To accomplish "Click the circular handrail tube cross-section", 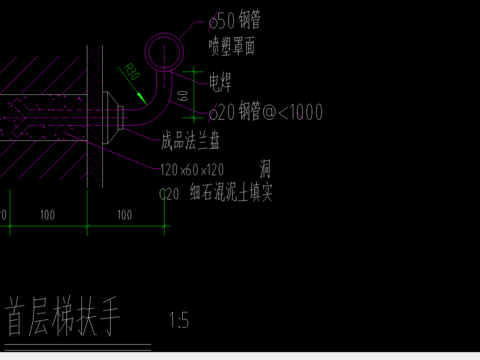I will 166,49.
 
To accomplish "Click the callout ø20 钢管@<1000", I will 265,113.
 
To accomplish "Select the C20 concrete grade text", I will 169,195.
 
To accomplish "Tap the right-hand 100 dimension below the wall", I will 124,215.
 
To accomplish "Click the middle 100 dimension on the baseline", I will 46,215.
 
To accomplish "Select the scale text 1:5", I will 179,321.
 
